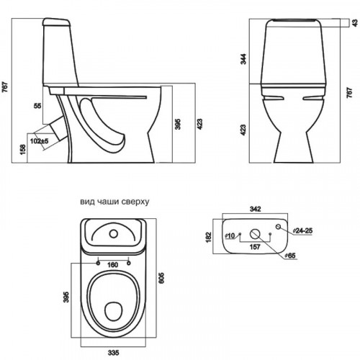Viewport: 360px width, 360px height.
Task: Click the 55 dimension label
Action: [x=37, y=106]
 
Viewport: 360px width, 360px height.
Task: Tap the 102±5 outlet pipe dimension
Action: [x=40, y=141]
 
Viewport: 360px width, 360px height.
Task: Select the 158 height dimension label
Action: [x=23, y=150]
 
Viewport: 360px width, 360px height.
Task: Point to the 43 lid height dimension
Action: [x=355, y=23]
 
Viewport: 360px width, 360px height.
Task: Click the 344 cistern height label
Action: [x=243, y=59]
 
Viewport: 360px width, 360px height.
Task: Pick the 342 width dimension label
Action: [x=256, y=209]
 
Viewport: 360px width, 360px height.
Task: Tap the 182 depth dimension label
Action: [x=209, y=237]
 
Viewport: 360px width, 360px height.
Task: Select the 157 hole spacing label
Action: [x=255, y=247]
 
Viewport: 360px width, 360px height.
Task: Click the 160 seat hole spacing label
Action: [x=112, y=265]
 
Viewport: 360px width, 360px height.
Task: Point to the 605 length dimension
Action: [x=162, y=278]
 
